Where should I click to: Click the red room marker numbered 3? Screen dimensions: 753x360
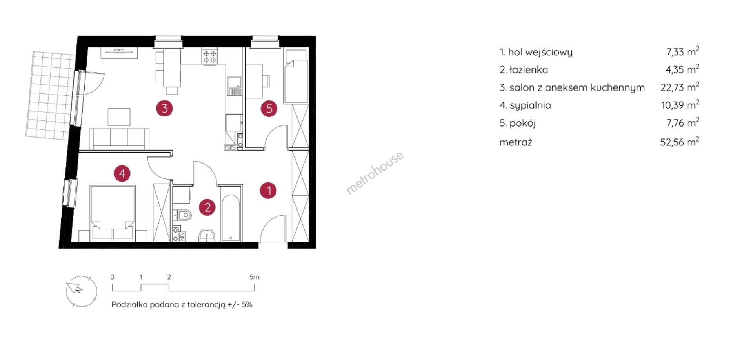click(x=165, y=108)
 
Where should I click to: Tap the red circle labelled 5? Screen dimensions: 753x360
click(x=269, y=108)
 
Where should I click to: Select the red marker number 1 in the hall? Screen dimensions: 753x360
click(x=269, y=191)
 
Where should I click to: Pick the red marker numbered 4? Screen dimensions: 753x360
click(x=122, y=173)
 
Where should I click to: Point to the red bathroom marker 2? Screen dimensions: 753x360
click(x=207, y=207)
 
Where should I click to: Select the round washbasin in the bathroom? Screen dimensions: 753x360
click(x=207, y=235)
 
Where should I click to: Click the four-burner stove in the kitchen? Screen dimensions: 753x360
click(x=209, y=56)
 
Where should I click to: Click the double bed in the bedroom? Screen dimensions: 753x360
click(x=113, y=213)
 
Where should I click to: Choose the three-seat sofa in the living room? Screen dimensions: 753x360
click(x=119, y=139)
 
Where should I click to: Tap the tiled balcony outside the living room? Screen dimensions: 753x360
click(x=50, y=95)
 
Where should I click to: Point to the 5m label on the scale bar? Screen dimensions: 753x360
click(x=254, y=277)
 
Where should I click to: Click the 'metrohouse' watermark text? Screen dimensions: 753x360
click(x=375, y=173)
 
